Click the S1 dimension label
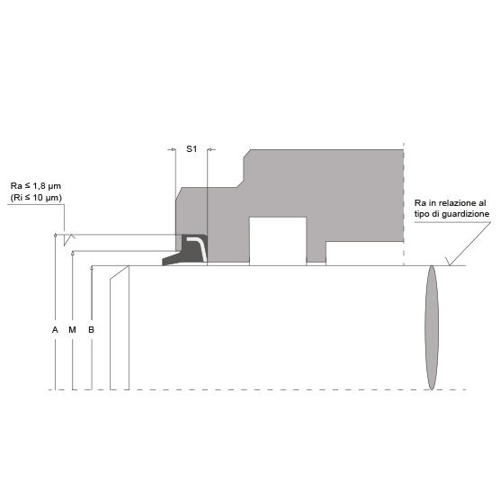192,149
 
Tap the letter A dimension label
55,330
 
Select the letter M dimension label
72,330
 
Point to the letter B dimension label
91,330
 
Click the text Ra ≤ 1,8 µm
36,186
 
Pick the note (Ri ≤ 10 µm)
36,198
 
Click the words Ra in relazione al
451,203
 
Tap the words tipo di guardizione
451,214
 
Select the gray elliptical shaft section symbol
432,327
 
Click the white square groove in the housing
278,241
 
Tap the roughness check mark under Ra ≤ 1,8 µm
69,239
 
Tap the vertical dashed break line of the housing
404,204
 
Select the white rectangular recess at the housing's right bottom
364,254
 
